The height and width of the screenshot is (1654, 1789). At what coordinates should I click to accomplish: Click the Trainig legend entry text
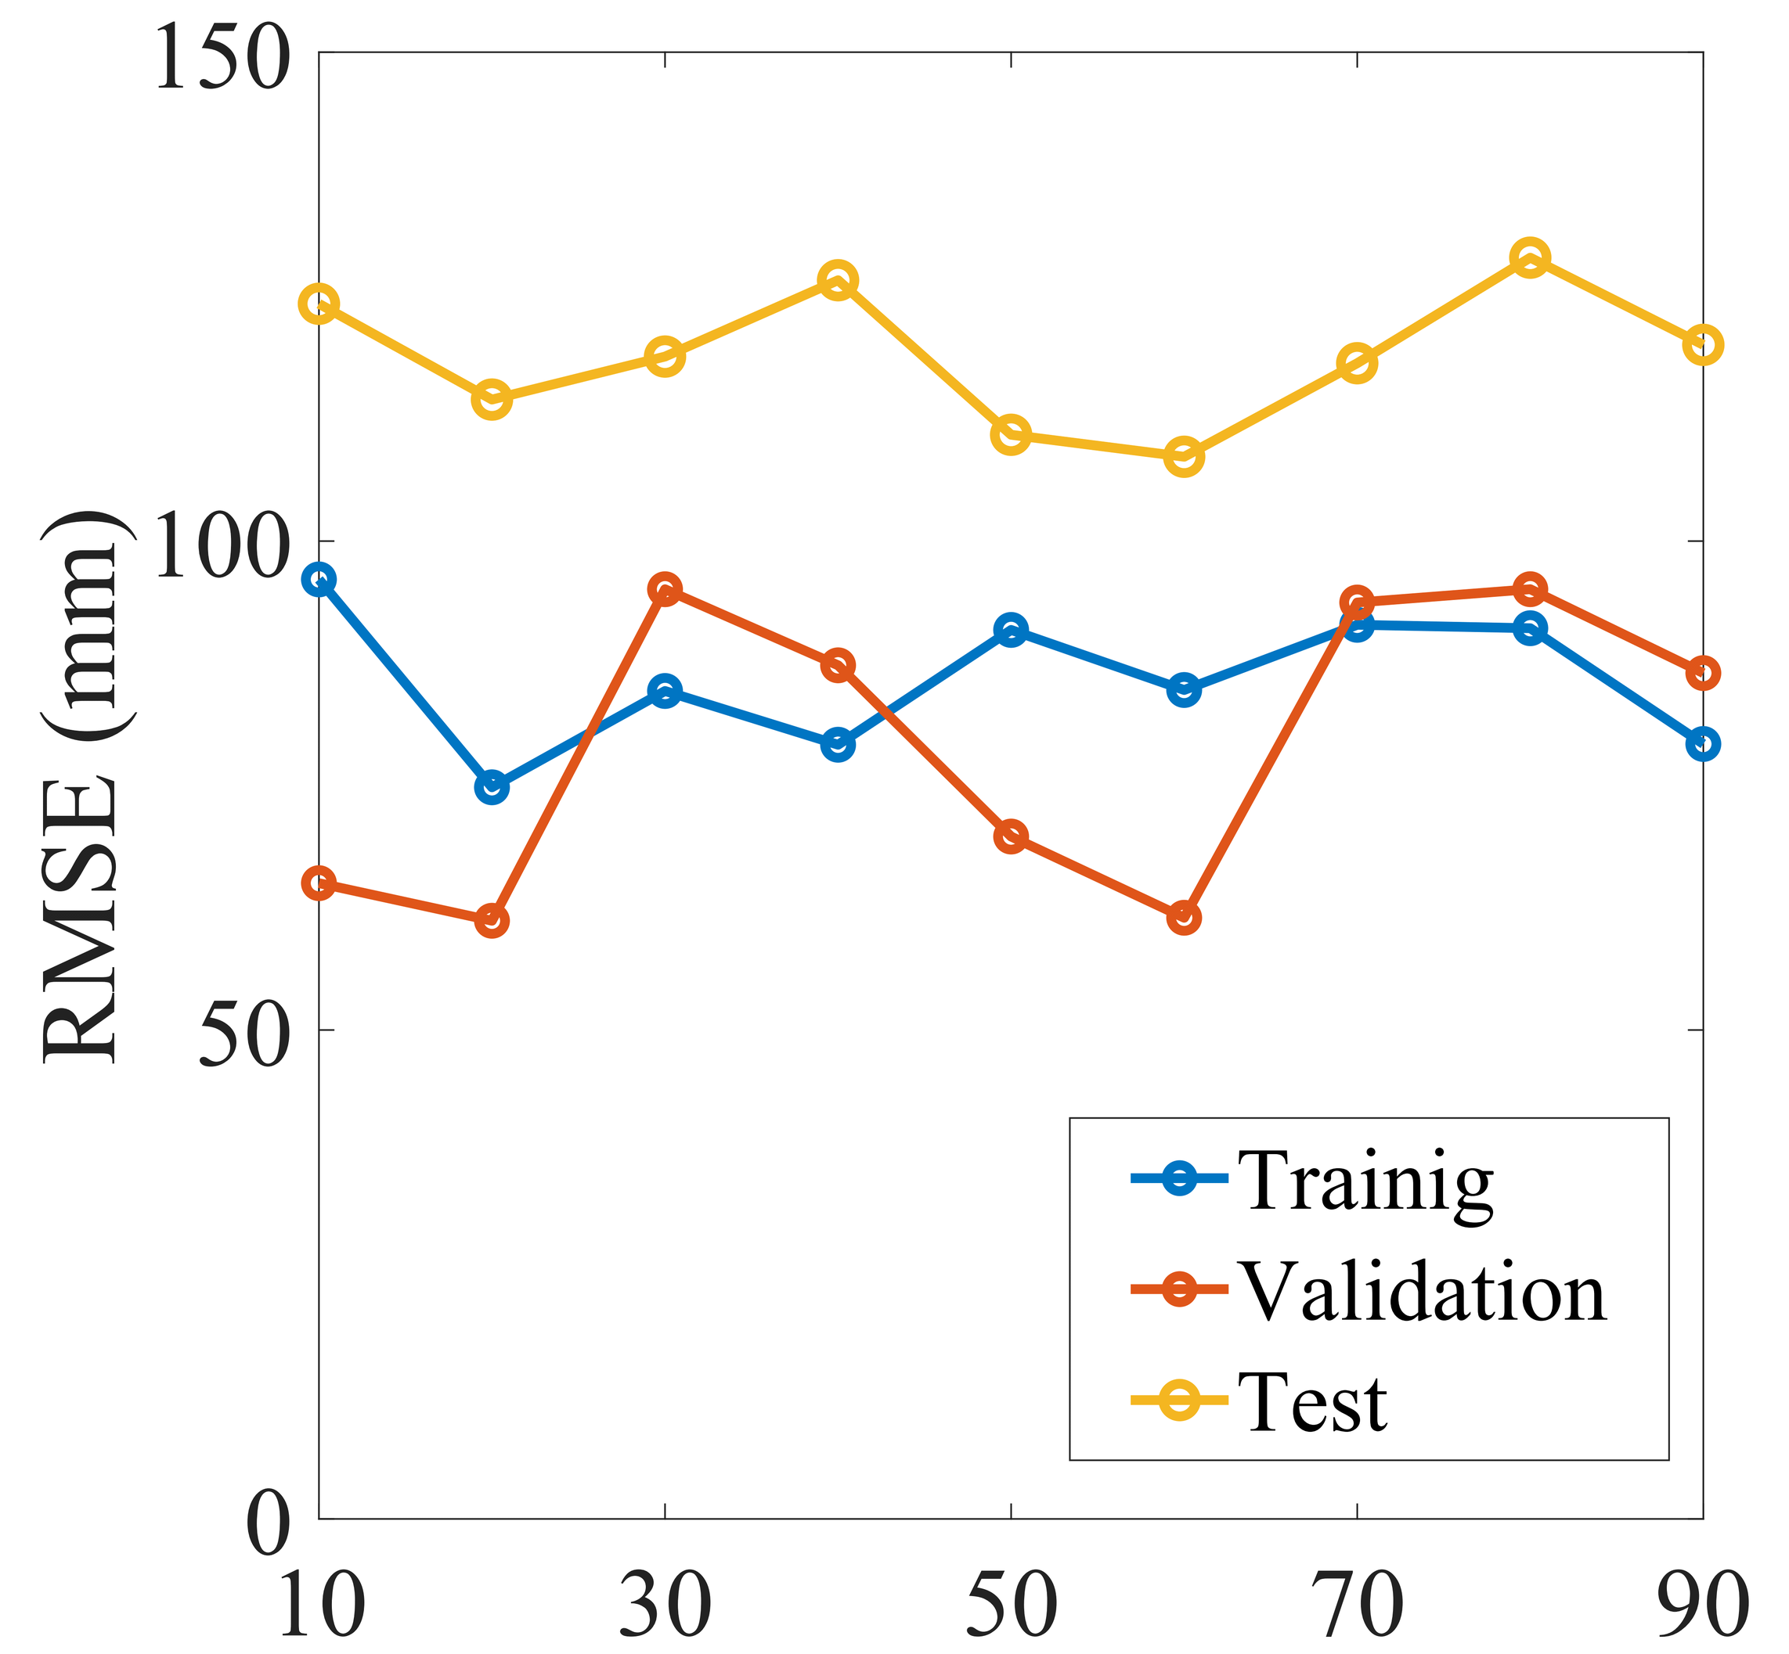1365,1182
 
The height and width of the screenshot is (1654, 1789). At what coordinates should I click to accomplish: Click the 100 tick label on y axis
223,548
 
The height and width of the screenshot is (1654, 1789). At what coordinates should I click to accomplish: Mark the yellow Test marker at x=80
1530,257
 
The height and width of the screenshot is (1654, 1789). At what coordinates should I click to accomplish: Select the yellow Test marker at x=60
1184,456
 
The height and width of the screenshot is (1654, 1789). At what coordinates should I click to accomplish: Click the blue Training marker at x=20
492,787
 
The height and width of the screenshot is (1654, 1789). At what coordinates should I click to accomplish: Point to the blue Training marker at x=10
319,580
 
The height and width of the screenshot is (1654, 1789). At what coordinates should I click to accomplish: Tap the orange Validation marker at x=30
665,590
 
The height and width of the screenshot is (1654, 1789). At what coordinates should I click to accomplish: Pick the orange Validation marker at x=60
1184,918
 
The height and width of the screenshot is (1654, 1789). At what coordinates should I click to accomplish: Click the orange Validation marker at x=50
1011,836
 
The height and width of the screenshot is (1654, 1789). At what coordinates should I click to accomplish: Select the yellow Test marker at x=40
837,281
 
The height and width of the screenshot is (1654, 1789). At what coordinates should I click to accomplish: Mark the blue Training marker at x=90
1703,744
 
